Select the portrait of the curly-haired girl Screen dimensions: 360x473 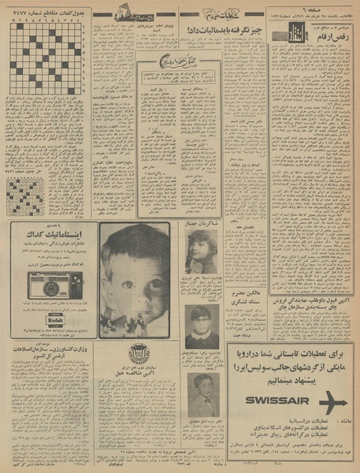coord(202,252)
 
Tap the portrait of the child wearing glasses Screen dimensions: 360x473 coord(204,325)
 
